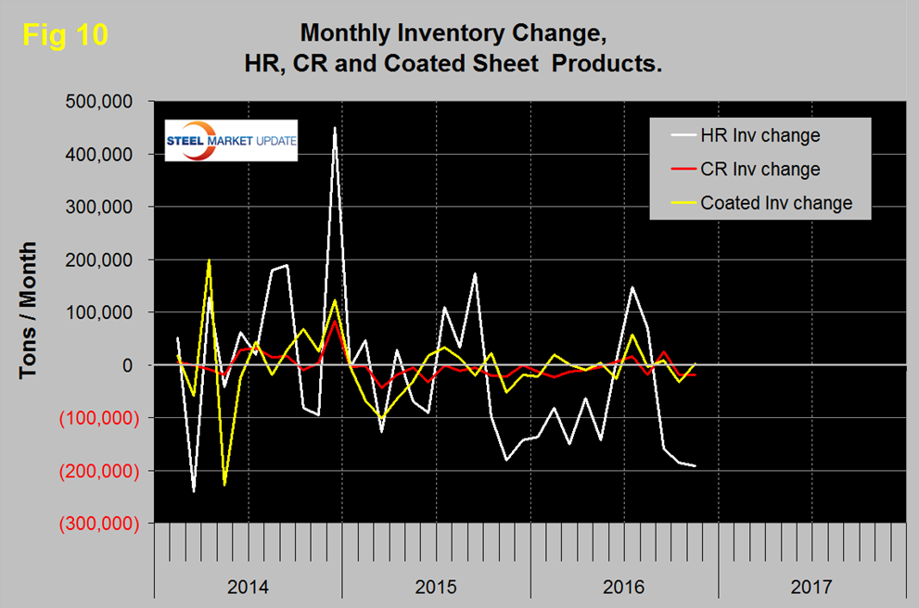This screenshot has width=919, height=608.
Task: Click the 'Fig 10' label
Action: tap(65, 35)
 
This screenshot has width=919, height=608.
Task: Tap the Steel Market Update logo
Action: tap(231, 140)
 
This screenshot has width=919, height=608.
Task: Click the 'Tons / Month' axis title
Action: tap(30, 310)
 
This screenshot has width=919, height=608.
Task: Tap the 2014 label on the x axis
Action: tap(248, 587)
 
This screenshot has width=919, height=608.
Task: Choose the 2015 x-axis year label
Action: tap(436, 587)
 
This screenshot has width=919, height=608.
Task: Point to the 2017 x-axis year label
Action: tap(812, 587)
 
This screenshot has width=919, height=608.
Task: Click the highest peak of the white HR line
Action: tap(334, 128)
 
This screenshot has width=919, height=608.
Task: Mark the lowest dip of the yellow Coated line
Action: tap(224, 485)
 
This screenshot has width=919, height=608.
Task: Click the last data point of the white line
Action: tap(696, 465)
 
